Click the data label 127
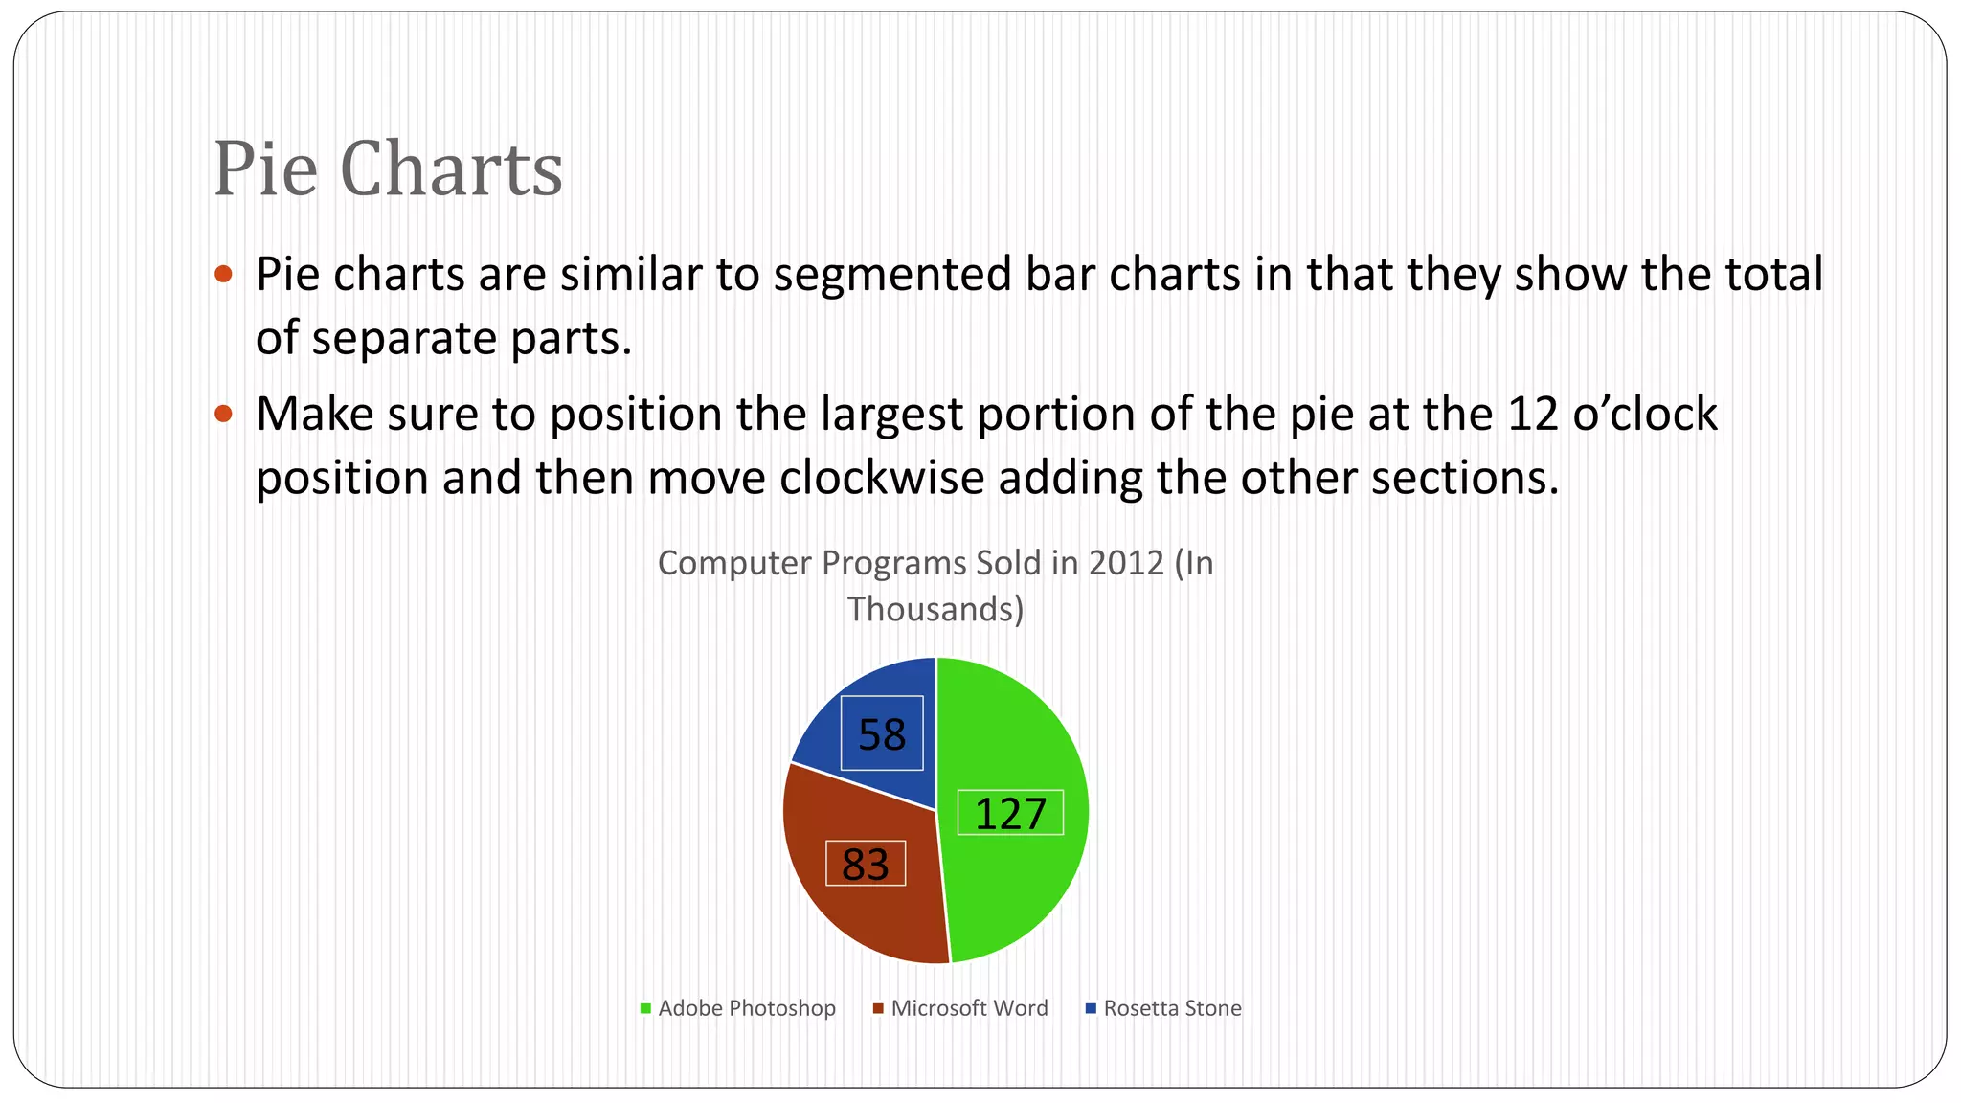click(x=1010, y=813)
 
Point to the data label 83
click(x=866, y=864)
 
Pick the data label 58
click(x=882, y=734)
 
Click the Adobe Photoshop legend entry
click(x=746, y=1008)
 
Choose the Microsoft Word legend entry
click(x=969, y=1008)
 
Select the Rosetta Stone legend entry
click(x=1172, y=1008)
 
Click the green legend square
click(x=646, y=1008)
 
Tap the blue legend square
click(x=1091, y=1008)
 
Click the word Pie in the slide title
click(x=265, y=169)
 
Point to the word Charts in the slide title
click(x=451, y=169)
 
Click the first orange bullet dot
click(x=224, y=274)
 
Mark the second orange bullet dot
click(x=224, y=414)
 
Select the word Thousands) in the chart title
click(x=935, y=609)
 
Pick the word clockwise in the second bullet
click(x=882, y=478)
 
